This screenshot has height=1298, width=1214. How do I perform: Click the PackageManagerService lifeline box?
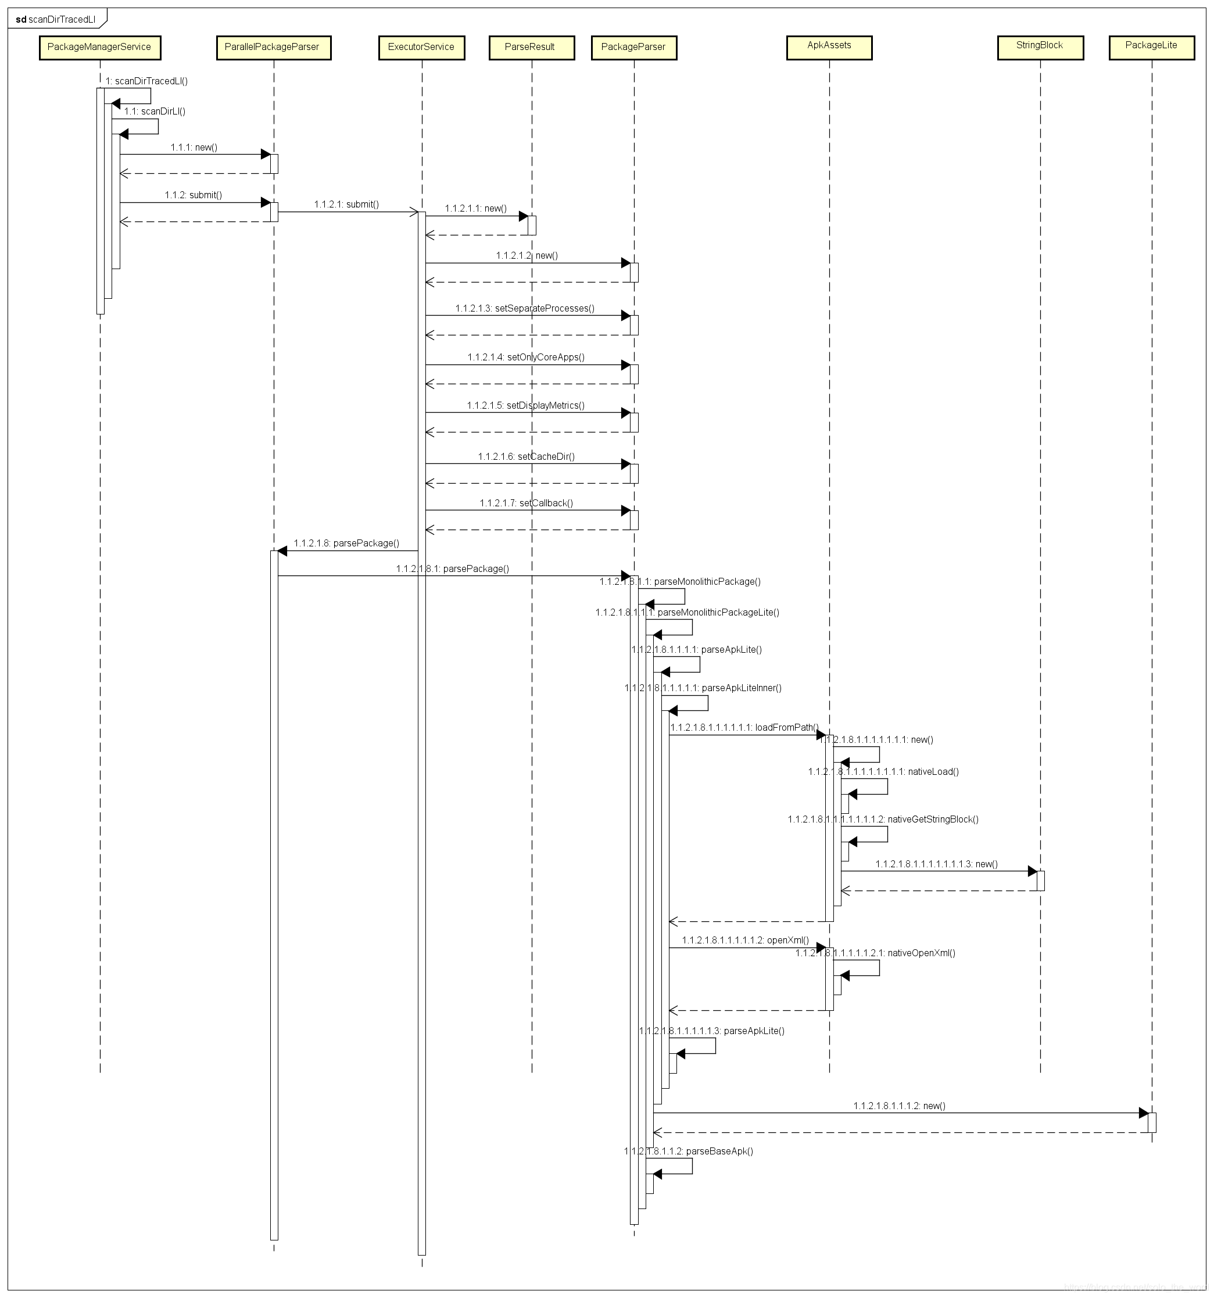click(x=99, y=48)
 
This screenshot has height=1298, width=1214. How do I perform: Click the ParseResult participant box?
click(x=531, y=48)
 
